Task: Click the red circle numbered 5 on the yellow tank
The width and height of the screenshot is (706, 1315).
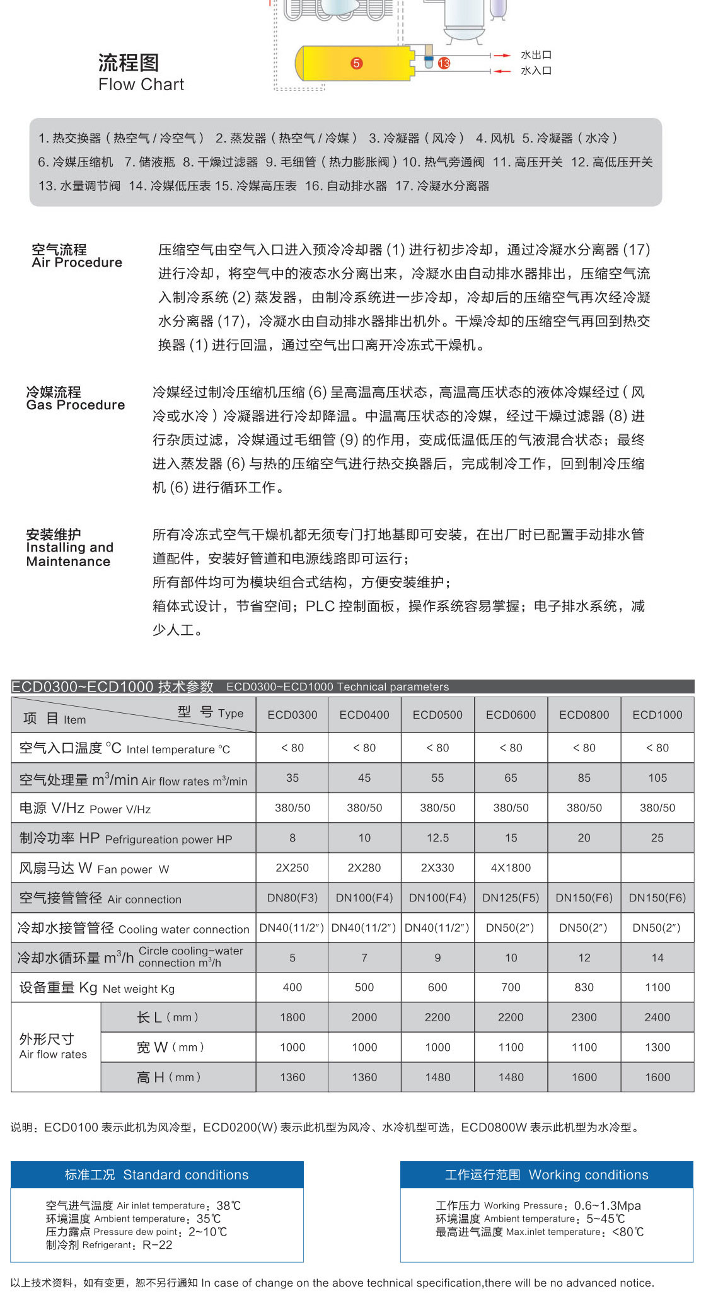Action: point(357,63)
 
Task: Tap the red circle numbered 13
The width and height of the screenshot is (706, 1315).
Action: point(444,63)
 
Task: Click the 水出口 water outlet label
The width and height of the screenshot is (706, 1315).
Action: point(536,55)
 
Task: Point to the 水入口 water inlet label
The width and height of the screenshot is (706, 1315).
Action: point(536,71)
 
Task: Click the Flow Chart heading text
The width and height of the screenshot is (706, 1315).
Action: point(141,84)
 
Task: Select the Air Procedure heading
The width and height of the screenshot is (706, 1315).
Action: point(77,262)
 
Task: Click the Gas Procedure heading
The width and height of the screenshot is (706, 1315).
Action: point(76,405)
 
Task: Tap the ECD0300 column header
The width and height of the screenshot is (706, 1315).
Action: point(292,715)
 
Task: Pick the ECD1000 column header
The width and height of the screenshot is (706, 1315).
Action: point(657,715)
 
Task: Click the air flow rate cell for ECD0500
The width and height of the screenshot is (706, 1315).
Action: point(437,778)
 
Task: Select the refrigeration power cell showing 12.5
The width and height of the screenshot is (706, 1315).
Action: point(437,838)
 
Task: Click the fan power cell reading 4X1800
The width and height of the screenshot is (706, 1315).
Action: point(511,868)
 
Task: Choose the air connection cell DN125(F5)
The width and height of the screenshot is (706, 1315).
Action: point(511,898)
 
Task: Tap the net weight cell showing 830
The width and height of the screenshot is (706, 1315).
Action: point(584,987)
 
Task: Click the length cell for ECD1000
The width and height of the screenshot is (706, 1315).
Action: point(657,1017)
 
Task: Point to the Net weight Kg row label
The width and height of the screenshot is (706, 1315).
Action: point(97,988)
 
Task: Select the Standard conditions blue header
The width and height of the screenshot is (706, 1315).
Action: point(157,1175)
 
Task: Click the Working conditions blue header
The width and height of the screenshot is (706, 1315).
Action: point(547,1175)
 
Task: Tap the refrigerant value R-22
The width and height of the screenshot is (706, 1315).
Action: point(157,1245)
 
